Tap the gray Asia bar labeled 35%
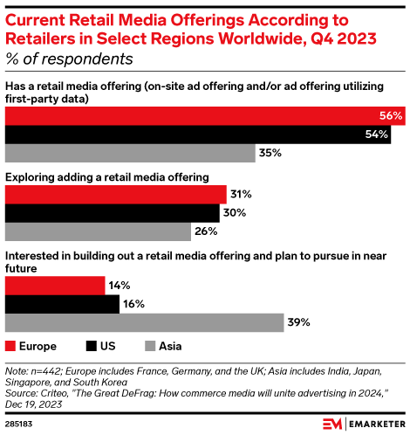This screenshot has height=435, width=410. tap(131, 154)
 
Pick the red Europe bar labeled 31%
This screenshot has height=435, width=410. tap(116, 194)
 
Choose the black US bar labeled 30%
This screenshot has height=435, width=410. tap(113, 213)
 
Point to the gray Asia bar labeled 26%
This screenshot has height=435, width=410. tap(99, 232)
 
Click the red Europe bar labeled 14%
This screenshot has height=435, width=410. tap(54, 285)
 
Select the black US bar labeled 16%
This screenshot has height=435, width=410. tap(62, 304)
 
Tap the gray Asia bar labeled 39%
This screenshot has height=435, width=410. tap(145, 323)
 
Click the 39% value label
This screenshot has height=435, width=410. tap(300, 323)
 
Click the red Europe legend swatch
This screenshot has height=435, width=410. tap(10, 345)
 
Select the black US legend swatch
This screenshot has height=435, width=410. tap(92, 345)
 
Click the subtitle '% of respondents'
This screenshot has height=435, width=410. tap(70, 59)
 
